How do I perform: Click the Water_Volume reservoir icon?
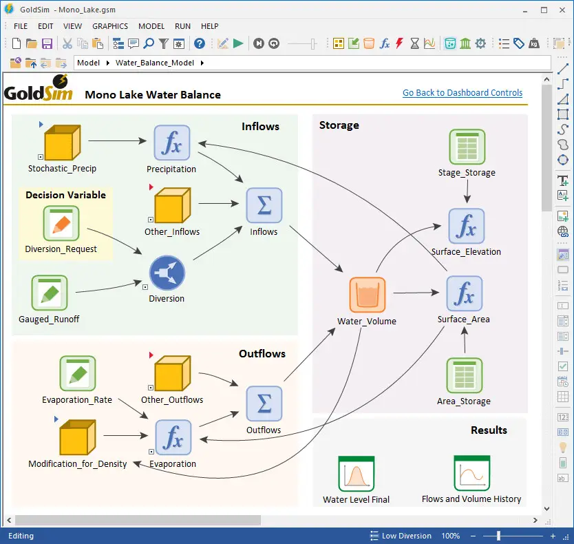pyautogui.click(x=367, y=294)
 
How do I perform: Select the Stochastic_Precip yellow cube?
pyautogui.click(x=62, y=143)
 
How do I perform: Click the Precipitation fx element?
pyautogui.click(x=171, y=143)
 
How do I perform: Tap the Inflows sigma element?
pyautogui.click(x=264, y=206)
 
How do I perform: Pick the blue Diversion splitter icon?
pyautogui.click(x=167, y=272)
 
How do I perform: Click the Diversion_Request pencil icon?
pyautogui.click(x=61, y=223)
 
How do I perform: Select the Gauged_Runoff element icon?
pyautogui.click(x=49, y=293)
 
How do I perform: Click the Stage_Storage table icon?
pyautogui.click(x=467, y=146)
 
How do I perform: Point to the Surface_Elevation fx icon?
pyautogui.click(x=466, y=227)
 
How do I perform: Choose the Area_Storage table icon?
pyautogui.click(x=464, y=375)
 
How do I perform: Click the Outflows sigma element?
pyautogui.click(x=264, y=404)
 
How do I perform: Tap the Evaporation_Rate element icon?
pyautogui.click(x=77, y=374)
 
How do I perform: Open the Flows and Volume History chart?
pyautogui.click(x=471, y=473)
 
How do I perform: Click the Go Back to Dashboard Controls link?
pyautogui.click(x=463, y=93)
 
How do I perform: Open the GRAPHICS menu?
pyautogui.click(x=110, y=26)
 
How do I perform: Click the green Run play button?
pyautogui.click(x=238, y=43)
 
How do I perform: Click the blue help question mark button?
pyautogui.click(x=200, y=43)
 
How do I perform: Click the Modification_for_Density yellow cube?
pyautogui.click(x=77, y=437)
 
